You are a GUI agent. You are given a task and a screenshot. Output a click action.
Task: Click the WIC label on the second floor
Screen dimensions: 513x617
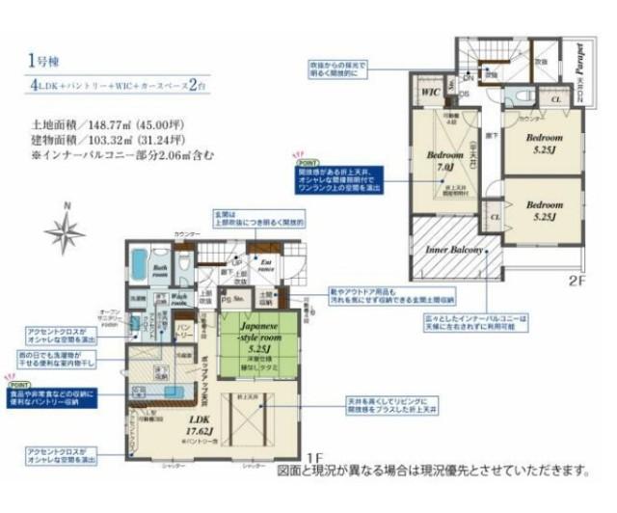[428, 93]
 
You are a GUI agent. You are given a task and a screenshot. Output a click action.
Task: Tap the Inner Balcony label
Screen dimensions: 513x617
[449, 249]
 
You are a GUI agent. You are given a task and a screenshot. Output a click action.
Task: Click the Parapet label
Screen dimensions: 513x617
[579, 65]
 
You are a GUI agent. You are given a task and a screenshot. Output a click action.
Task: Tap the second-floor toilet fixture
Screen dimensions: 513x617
[518, 95]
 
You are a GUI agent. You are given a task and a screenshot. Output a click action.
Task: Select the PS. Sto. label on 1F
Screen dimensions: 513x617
[233, 300]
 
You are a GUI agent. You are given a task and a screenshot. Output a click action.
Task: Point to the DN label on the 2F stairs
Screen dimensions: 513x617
[465, 82]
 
